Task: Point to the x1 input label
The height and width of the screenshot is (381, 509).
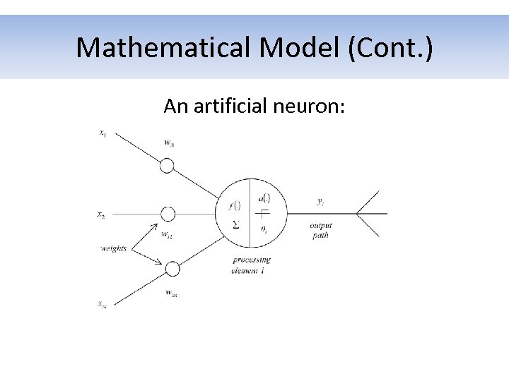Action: tap(103, 132)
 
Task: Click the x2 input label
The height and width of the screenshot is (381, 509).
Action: tap(101, 214)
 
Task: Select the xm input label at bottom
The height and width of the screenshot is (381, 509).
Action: tap(103, 303)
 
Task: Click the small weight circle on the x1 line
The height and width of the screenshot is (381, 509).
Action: tap(167, 166)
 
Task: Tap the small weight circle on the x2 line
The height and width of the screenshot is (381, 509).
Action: tap(168, 214)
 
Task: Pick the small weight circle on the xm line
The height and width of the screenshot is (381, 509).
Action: tap(172, 269)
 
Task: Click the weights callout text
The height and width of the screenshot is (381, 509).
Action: tap(113, 248)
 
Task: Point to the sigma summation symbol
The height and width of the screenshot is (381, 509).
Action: tap(235, 225)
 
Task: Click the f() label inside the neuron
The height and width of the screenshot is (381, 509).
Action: tap(235, 206)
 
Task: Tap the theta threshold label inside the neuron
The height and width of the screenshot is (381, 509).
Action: tap(263, 229)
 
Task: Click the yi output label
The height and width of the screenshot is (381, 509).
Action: tap(320, 202)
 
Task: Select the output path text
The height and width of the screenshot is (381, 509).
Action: tap(320, 230)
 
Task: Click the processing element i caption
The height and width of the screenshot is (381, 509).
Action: tap(252, 265)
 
